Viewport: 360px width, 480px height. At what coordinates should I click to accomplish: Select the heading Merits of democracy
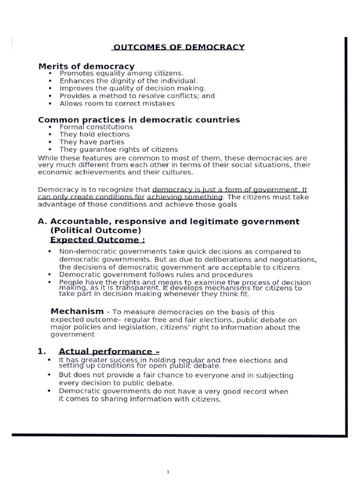tap(86, 66)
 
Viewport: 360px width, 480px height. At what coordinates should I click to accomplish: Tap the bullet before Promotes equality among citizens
tap(50, 74)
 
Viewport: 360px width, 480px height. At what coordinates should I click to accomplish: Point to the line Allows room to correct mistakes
tap(117, 103)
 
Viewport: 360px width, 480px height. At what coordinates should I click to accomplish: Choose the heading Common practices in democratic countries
tap(139, 120)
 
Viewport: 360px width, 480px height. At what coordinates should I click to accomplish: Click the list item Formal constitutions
tap(96, 127)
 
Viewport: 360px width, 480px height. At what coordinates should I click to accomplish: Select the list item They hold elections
tap(94, 135)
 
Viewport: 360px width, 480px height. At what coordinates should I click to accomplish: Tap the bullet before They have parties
tap(50, 142)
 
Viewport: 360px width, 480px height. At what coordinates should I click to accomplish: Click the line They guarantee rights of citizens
tap(119, 150)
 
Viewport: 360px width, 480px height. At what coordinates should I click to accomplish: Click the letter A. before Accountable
tap(42, 221)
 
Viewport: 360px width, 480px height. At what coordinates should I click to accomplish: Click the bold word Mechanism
tap(77, 311)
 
